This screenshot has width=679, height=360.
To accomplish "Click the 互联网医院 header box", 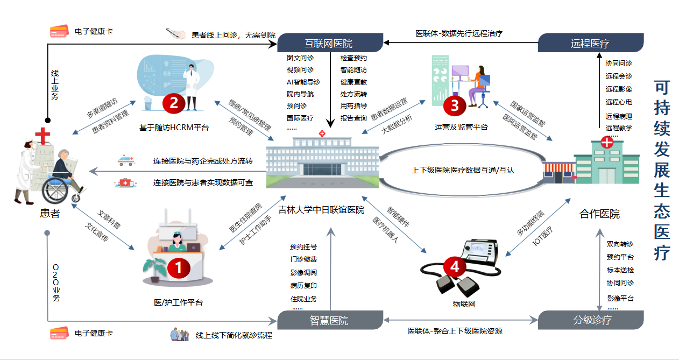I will (329, 43).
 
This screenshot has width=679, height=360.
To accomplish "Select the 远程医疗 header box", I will (590, 43).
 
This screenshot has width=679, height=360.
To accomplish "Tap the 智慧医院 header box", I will (329, 321).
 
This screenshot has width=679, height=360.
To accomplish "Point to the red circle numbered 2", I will (174, 102).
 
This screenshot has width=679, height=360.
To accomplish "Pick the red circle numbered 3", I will (455, 105).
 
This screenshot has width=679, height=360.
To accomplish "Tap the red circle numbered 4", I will (455, 266).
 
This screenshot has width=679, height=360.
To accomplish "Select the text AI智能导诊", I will (303, 82).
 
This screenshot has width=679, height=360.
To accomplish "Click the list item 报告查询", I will (353, 118).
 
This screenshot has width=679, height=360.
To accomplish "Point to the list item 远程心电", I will (619, 102).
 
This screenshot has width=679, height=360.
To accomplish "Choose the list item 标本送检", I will (620, 270).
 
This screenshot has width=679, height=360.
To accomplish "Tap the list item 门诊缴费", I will (303, 260).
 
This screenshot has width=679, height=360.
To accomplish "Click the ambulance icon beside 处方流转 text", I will (125, 161).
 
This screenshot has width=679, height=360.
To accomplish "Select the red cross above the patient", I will (41, 134).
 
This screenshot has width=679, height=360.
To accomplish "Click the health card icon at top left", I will (59, 32).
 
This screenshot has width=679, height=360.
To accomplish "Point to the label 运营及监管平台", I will (461, 128).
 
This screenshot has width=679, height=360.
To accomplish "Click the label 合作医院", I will (599, 214).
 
